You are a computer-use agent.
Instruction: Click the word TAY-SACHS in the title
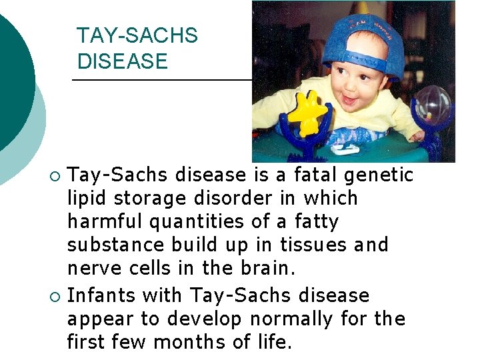pos(137,35)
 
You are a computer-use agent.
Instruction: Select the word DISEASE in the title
pos(123,61)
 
